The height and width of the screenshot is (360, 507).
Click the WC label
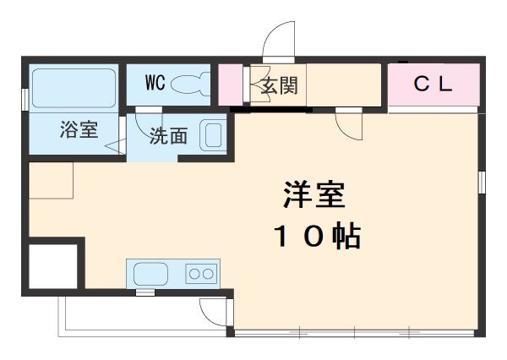click(x=154, y=83)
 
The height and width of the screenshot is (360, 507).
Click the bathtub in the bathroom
click(x=74, y=87)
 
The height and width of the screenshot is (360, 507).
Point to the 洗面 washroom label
click(x=168, y=136)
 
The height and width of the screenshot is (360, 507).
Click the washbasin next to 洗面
click(x=210, y=135)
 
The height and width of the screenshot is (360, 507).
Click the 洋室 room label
click(x=313, y=196)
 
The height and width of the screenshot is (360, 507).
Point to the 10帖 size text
click(x=317, y=237)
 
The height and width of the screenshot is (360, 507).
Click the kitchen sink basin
click(x=152, y=274)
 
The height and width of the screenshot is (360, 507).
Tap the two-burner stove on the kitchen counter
click(x=201, y=274)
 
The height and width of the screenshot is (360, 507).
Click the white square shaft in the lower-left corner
click(x=54, y=265)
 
